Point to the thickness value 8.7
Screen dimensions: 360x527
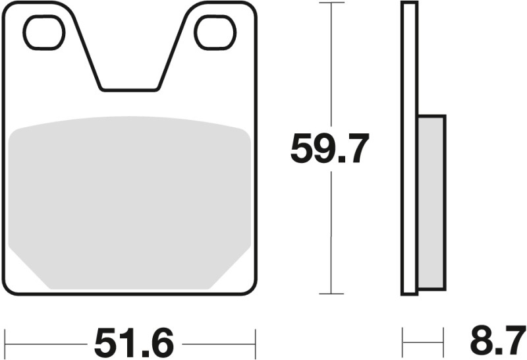pos(497,343)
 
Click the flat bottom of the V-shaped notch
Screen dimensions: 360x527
pos(130,88)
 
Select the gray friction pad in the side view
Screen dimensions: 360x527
pos(431,202)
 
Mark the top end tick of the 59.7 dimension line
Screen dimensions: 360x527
pos(331,3)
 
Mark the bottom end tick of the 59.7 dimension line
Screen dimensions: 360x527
pos(331,293)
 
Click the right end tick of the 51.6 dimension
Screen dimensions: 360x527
pos(255,343)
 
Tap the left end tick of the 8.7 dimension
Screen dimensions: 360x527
pos(402,343)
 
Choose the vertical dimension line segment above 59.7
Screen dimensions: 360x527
pos(331,66)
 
